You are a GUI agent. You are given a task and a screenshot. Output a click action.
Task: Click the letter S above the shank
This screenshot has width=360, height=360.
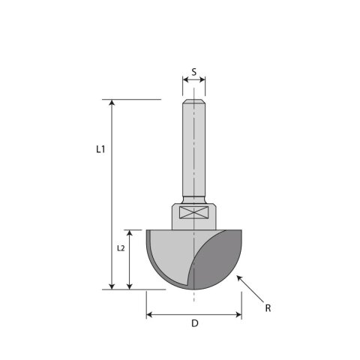[194, 72]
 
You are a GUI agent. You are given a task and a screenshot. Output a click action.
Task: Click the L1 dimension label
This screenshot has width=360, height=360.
[100, 149]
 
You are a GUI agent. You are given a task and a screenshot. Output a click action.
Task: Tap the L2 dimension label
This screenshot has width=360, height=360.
[121, 248]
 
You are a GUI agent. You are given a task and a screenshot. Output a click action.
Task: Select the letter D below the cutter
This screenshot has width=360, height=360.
[195, 323]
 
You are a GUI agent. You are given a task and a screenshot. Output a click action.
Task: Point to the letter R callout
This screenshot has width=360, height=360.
[268, 308]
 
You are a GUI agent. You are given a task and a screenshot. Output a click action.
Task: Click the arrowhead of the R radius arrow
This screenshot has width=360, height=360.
[239, 277]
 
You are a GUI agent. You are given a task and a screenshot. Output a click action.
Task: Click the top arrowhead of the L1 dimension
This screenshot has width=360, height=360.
[112, 102]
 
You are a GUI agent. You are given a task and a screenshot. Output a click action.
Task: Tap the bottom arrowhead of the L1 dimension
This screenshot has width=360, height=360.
[112, 286]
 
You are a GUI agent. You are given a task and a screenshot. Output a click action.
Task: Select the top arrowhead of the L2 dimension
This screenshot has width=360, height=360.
[129, 232]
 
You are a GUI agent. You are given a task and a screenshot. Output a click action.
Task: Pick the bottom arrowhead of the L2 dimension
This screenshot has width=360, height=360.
[129, 286]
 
